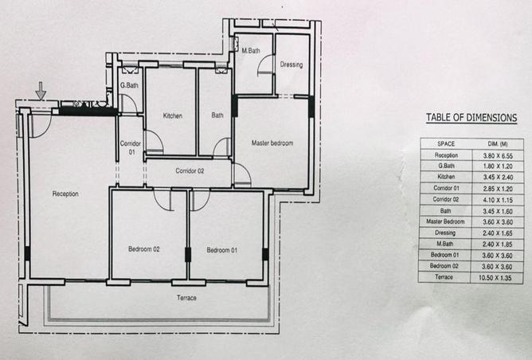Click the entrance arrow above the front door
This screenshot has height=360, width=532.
click(41, 91)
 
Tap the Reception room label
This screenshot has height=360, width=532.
click(65, 194)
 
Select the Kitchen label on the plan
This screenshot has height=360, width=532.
click(173, 115)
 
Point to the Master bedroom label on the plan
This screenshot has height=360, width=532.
click(272, 143)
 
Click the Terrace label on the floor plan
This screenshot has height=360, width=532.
click(186, 298)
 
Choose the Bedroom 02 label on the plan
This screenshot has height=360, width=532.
click(144, 249)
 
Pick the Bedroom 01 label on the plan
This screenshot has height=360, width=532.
click(222, 250)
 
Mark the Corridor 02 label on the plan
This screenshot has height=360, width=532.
click(190, 170)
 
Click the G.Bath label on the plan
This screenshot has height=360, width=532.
click(129, 85)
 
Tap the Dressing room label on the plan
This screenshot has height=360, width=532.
click(291, 65)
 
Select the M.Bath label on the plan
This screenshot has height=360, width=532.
click(251, 50)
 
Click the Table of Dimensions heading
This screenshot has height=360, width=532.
click(471, 118)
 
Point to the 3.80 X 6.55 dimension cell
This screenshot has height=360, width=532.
click(498, 156)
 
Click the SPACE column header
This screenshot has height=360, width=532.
click(446, 144)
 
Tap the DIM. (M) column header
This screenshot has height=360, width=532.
click(498, 144)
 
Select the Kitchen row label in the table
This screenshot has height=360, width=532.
click(446, 177)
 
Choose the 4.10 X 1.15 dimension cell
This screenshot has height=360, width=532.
click(498, 200)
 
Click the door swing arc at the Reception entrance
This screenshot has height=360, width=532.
click(44, 131)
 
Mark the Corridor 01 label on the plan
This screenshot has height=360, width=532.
click(131, 148)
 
